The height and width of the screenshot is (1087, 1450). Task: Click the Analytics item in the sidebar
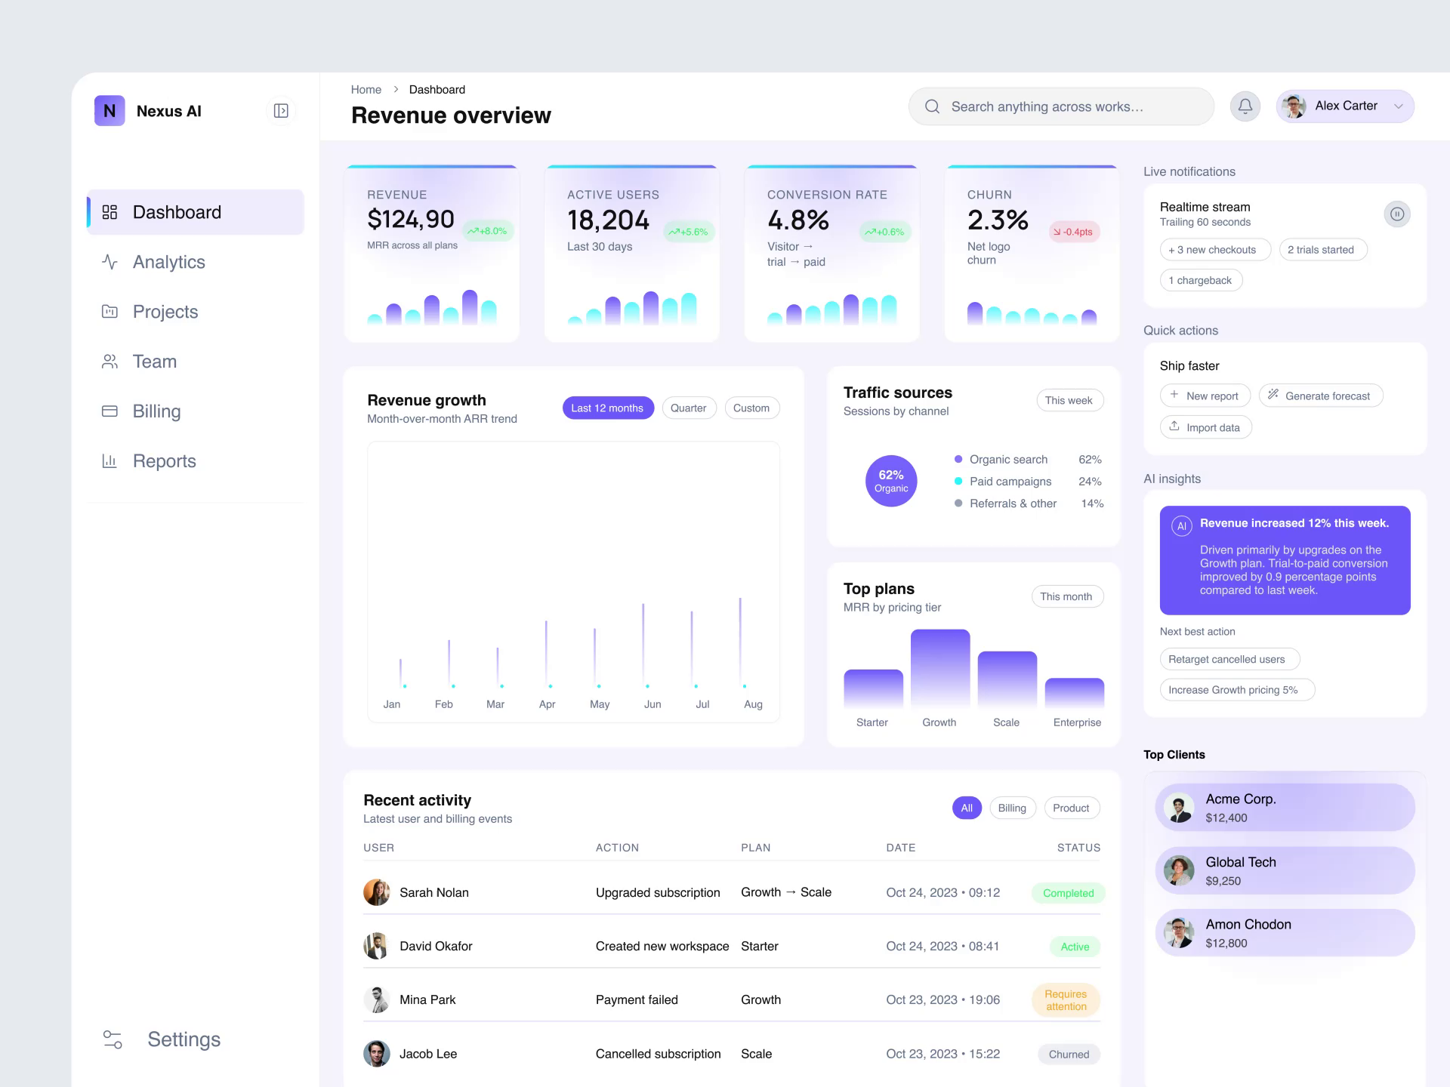[x=168, y=262]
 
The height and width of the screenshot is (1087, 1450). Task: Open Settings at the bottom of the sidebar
[x=184, y=1039]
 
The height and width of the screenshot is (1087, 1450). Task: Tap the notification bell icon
[x=1245, y=106]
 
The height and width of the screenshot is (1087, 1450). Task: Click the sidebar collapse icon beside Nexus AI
[x=281, y=111]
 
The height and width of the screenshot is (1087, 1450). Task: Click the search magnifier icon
[x=933, y=106]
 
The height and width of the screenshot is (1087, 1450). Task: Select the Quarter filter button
[x=688, y=408]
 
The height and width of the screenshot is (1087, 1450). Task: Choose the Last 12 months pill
[x=607, y=408]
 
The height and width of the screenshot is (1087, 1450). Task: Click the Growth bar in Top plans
[x=939, y=668]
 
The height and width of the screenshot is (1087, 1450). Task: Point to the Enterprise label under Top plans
[x=1077, y=722]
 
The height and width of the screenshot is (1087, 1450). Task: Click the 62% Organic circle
[x=891, y=481]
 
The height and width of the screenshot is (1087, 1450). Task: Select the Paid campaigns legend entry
[x=1010, y=482]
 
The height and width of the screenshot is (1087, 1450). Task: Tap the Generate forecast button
[x=1320, y=396]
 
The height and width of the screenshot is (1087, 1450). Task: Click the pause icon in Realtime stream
[x=1397, y=214]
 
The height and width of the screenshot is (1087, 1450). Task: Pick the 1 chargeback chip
[x=1201, y=280]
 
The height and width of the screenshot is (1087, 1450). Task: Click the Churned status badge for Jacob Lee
[x=1069, y=1055]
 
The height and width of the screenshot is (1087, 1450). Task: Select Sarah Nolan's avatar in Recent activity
[x=376, y=892]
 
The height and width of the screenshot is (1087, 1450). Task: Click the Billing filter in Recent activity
[x=1012, y=808]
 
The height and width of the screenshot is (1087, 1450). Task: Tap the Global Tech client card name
[x=1241, y=862]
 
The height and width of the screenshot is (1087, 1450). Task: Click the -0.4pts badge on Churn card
[x=1073, y=232]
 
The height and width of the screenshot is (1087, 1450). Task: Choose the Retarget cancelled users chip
[x=1229, y=659]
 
